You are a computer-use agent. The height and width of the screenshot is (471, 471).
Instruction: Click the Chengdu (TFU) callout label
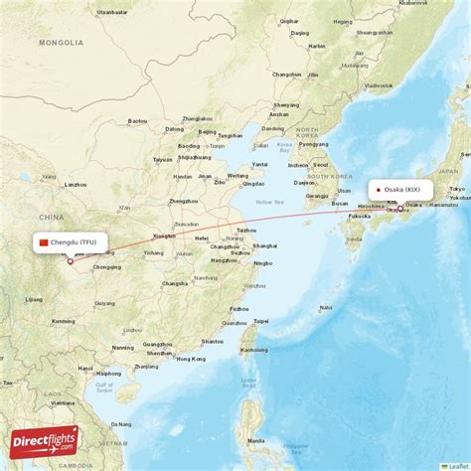click(70, 241)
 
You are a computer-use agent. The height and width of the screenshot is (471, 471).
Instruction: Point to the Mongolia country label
click(62, 43)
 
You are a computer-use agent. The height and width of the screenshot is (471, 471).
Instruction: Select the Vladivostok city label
click(379, 86)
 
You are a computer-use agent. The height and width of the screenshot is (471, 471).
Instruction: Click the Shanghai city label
click(264, 245)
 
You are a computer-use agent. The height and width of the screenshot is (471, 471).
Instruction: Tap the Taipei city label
click(260, 321)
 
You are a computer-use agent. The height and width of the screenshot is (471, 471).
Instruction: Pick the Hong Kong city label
click(192, 358)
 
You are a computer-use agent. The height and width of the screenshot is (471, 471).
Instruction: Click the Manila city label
click(256, 440)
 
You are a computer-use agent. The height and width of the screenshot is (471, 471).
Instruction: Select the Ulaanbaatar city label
click(112, 12)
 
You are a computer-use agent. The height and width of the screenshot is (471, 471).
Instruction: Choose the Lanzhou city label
click(75, 185)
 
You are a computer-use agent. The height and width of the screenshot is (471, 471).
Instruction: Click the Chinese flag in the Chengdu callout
click(43, 241)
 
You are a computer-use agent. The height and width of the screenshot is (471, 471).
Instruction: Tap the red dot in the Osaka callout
click(379, 189)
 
